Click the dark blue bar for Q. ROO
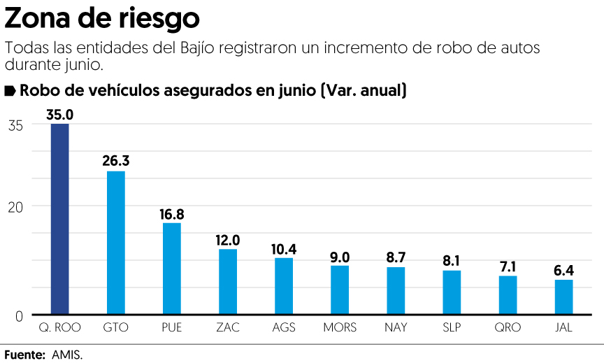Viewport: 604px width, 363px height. (59, 219)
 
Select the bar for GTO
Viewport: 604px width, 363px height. (115, 243)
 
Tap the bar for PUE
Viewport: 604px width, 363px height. (171, 269)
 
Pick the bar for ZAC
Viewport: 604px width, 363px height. (228, 281)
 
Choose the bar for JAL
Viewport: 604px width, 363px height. (563, 297)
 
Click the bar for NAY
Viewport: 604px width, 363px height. (396, 290)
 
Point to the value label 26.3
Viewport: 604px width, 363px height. (116, 161)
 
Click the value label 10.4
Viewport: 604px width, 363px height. (284, 248)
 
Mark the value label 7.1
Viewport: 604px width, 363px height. (508, 266)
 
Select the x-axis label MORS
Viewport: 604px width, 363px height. (340, 327)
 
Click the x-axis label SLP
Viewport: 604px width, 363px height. (452, 327)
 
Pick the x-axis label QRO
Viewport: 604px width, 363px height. (508, 327)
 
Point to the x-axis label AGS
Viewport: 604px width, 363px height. (284, 327)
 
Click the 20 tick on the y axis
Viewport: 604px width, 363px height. (15, 206)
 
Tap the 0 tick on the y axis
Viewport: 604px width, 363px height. (19, 315)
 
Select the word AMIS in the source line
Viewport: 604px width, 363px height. (67, 355)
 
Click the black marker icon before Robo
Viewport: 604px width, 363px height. (10, 91)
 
